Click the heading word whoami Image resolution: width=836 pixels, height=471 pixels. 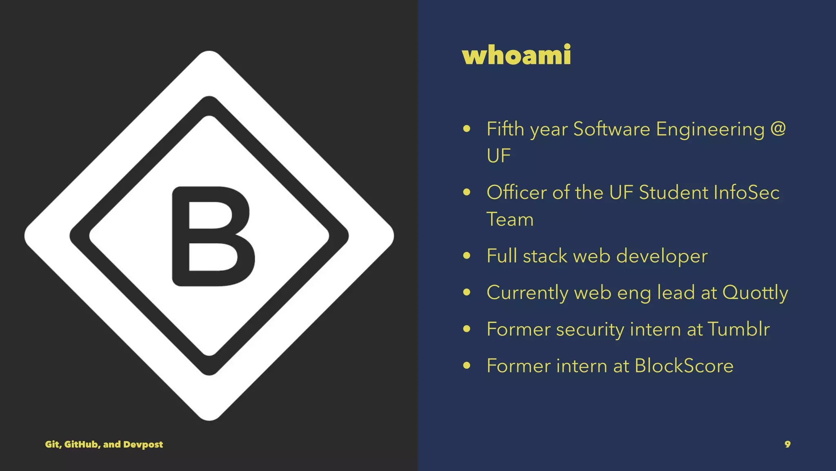(516, 55)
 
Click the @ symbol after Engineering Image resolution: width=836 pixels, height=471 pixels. (778, 129)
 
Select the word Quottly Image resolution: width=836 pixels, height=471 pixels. (755, 293)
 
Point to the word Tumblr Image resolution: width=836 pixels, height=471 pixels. (738, 329)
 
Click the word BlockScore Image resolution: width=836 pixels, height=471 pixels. (684, 366)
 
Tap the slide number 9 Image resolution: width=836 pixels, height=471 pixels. (787, 444)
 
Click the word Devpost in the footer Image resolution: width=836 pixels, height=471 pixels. (143, 444)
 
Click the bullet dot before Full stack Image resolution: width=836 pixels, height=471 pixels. (467, 256)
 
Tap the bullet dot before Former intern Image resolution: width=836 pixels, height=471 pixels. (467, 366)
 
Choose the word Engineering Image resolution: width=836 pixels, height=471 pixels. (710, 130)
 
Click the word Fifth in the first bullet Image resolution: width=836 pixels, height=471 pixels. (505, 129)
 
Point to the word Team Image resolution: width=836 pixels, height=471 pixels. (510, 219)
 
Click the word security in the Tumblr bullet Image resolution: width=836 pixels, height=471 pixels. (590, 330)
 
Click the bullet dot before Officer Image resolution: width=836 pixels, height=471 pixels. (467, 192)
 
